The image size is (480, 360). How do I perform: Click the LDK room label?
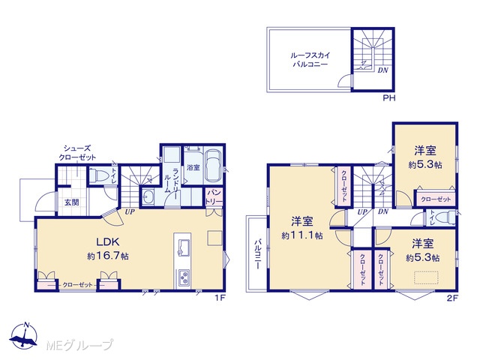(108, 241)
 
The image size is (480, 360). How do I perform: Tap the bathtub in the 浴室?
(213, 166)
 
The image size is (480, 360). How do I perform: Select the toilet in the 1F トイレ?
(100, 175)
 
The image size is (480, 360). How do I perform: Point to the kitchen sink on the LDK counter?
(182, 247)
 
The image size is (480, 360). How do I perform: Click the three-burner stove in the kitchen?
(183, 278)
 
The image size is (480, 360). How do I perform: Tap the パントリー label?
(214, 197)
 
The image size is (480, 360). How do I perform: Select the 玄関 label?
(72, 202)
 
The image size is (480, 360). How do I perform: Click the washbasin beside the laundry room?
(148, 198)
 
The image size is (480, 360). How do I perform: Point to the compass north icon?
(24, 336)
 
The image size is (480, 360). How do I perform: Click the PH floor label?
(389, 98)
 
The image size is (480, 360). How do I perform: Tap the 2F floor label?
(452, 298)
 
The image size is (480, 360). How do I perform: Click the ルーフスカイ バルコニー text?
(310, 60)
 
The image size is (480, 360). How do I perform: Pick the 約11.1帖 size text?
(301, 235)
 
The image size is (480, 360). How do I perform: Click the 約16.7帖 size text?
(108, 256)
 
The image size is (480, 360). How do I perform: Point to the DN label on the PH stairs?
(382, 70)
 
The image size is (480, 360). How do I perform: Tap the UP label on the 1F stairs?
(130, 211)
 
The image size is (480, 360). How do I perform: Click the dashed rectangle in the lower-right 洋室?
(427, 277)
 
